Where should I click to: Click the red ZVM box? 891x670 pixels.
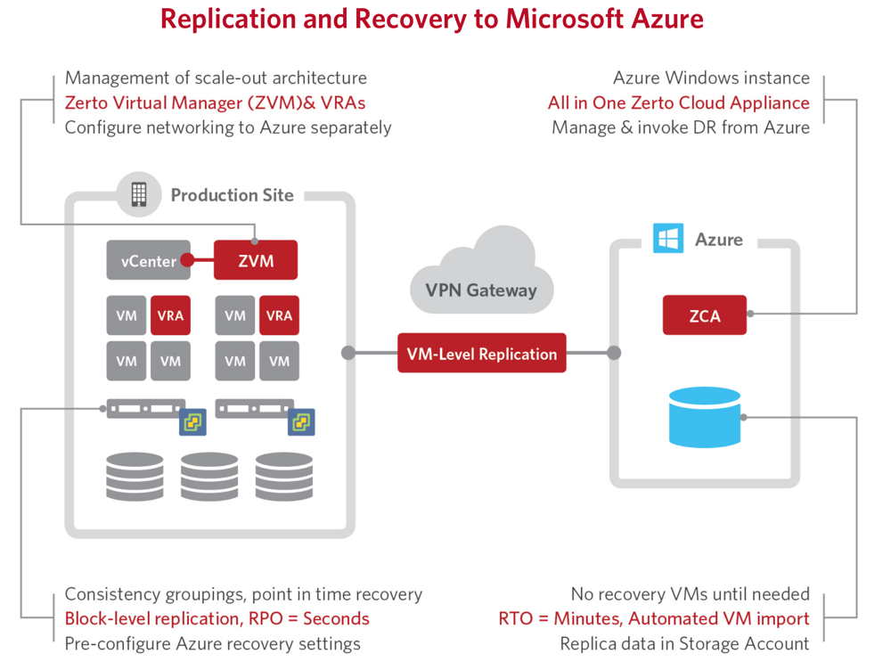point(256,260)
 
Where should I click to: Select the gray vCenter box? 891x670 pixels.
point(148,260)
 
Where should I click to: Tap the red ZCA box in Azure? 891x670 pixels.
point(705,315)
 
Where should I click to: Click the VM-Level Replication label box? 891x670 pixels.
point(482,353)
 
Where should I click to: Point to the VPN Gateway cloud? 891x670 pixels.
point(482,273)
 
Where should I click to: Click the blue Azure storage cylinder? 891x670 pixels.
point(705,417)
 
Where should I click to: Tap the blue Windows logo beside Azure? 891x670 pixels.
point(668,238)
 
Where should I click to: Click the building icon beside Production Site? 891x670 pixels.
point(139,194)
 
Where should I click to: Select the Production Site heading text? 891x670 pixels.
point(233,195)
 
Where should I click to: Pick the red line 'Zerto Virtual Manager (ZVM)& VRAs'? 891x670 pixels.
point(215,102)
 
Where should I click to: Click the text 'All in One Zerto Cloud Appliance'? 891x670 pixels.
point(678,102)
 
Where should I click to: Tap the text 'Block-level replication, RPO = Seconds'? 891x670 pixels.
point(217,618)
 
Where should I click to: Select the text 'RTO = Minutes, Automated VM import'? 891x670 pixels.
point(654,618)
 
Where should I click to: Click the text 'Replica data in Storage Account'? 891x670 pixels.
point(684,643)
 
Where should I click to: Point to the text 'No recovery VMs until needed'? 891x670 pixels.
point(691,594)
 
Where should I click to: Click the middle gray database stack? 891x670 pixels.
point(209,477)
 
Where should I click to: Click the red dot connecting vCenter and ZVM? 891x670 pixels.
point(187,260)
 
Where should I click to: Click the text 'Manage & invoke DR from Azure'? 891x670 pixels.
point(681,127)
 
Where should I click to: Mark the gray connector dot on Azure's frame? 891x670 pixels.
point(614,353)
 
